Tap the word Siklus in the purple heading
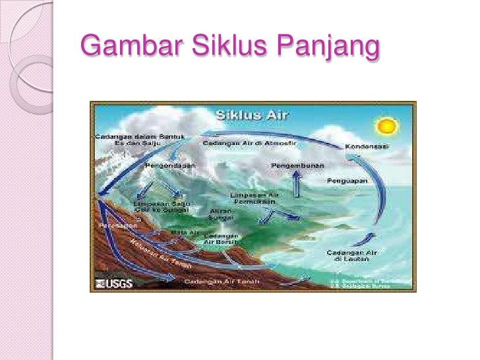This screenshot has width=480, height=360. [x=228, y=48]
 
